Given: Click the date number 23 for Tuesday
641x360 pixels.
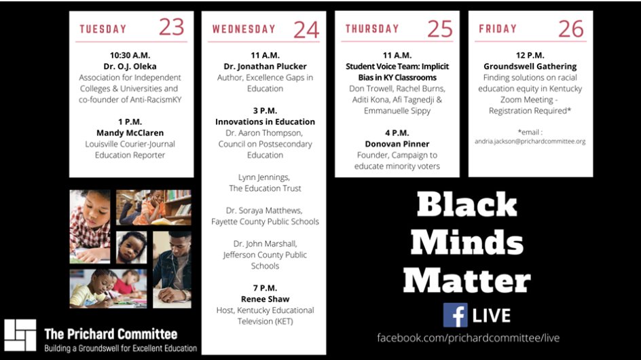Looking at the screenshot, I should [x=171, y=27].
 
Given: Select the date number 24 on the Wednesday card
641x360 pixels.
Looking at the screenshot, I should [x=306, y=30].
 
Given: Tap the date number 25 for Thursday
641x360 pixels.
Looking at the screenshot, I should [x=439, y=28].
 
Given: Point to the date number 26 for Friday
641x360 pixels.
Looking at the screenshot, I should [x=571, y=28].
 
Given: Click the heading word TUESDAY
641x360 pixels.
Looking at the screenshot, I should [x=103, y=29].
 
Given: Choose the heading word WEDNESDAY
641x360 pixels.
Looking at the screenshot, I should [x=244, y=29].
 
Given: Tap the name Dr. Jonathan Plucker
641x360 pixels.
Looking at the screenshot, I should [x=265, y=67].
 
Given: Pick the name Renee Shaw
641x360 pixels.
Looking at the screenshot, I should [x=265, y=299].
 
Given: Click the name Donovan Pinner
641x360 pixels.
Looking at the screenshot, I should [x=397, y=144].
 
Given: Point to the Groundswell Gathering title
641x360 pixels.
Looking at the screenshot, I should [x=530, y=67].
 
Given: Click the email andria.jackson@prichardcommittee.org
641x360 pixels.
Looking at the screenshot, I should [x=530, y=141].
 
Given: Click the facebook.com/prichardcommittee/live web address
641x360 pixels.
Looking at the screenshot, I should [x=469, y=338].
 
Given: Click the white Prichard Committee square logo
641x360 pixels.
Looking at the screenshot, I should [x=20, y=334].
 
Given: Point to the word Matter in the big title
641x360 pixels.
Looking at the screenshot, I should [x=466, y=280].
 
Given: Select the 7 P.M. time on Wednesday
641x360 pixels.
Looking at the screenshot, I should [x=265, y=288].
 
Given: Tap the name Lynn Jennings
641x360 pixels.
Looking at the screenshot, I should [x=265, y=177].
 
